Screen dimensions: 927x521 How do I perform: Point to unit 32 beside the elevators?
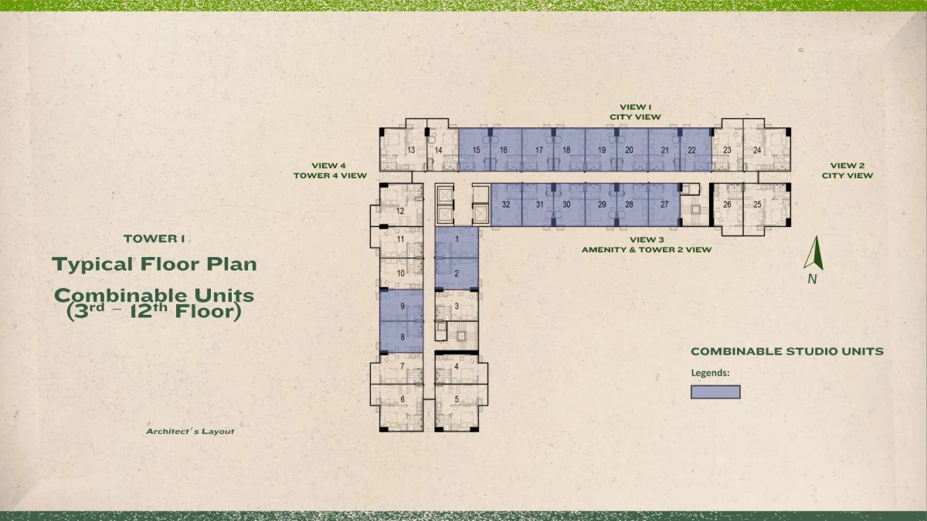click(506, 205)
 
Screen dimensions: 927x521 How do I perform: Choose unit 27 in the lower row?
click(664, 205)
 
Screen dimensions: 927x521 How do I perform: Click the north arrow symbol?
click(813, 253)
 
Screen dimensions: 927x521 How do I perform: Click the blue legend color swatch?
click(715, 392)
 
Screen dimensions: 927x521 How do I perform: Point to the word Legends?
click(710, 373)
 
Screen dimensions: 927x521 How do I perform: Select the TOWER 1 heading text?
click(154, 239)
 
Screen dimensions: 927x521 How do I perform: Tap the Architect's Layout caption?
click(190, 431)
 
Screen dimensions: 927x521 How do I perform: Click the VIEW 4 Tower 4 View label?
click(330, 171)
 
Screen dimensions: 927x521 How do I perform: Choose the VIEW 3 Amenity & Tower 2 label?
click(647, 245)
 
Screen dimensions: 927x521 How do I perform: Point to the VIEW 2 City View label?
click(847, 171)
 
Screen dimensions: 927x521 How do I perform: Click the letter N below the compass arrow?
click(813, 279)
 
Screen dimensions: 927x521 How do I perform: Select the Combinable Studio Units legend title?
click(787, 351)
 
